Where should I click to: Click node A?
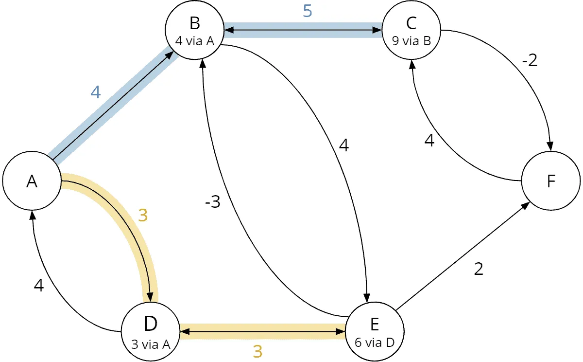coord(32,181)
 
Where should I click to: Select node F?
coord(551,181)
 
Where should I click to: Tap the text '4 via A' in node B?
coord(195,41)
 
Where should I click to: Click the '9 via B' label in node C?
coord(412,41)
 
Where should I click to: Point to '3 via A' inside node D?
coord(151,344)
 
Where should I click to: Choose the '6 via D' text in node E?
coord(375,343)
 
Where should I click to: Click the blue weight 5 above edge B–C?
coord(308,11)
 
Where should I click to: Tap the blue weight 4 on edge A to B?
coord(96,92)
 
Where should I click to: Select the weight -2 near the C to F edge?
coord(530,60)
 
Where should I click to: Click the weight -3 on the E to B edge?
coord(213,202)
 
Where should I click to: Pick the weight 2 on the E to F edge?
coord(479,269)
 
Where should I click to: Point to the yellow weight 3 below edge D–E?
coord(257,351)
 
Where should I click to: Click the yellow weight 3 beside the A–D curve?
coord(143,216)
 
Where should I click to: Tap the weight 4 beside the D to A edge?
coord(39,285)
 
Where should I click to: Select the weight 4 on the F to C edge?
coord(429,141)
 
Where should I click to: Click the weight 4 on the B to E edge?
coord(344,145)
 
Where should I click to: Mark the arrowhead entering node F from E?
coord(525,206)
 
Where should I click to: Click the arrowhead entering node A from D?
coord(33,215)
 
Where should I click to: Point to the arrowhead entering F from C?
coord(549,146)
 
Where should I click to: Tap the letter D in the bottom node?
coord(151,324)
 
